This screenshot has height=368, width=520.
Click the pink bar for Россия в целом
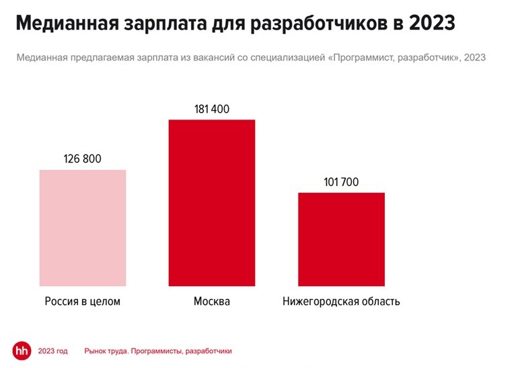point(83,228)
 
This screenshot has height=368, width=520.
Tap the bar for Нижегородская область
point(342,240)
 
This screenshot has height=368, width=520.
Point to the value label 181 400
point(212,109)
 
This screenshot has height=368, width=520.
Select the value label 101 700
point(342,182)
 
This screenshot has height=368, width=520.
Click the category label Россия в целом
point(83,302)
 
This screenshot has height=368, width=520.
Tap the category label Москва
point(212,302)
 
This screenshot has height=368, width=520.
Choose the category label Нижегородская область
point(342,302)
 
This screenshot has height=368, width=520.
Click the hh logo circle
point(22,351)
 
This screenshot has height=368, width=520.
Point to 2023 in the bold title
point(431,25)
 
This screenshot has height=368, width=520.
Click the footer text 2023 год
point(53,351)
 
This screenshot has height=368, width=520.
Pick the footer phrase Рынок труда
point(106,351)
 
